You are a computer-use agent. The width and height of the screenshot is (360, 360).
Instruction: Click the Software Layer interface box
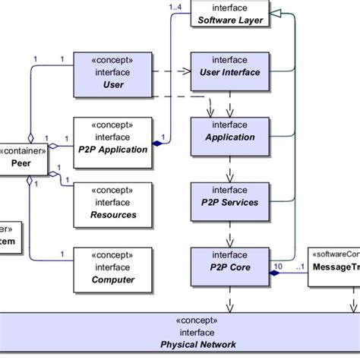(x=230, y=13)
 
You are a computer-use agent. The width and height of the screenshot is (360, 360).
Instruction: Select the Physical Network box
(x=180, y=333)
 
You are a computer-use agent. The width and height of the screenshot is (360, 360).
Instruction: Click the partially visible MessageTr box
(x=333, y=265)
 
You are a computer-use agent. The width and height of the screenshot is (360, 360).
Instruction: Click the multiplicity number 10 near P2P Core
(x=278, y=267)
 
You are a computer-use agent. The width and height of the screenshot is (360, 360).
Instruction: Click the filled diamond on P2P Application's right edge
(x=156, y=142)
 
